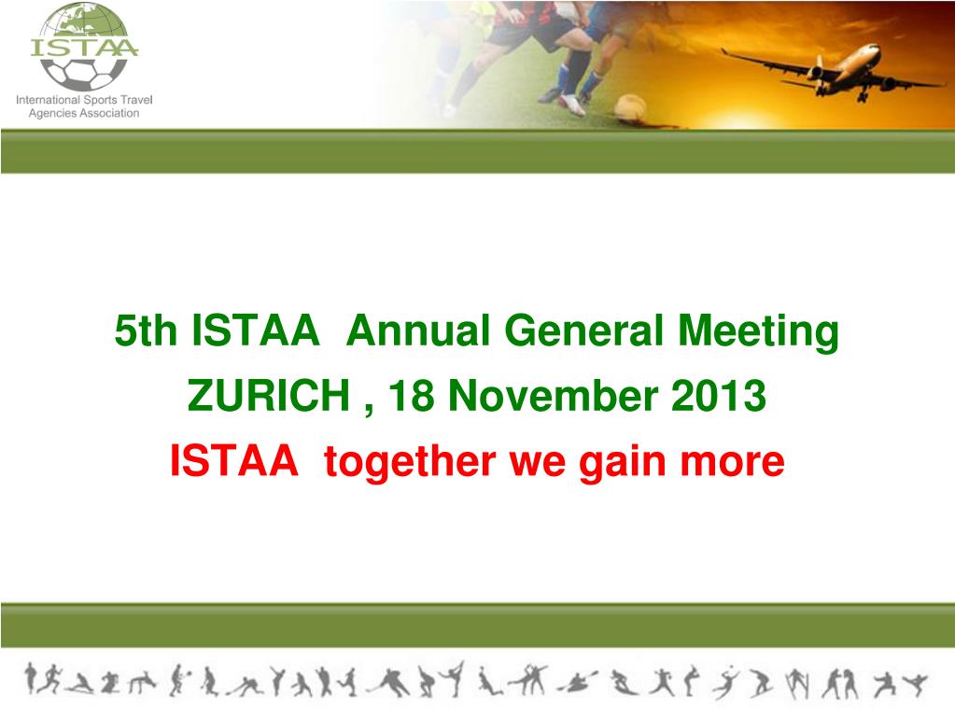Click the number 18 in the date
tap(412, 398)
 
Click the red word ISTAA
tap(234, 461)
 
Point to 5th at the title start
tap(147, 331)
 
